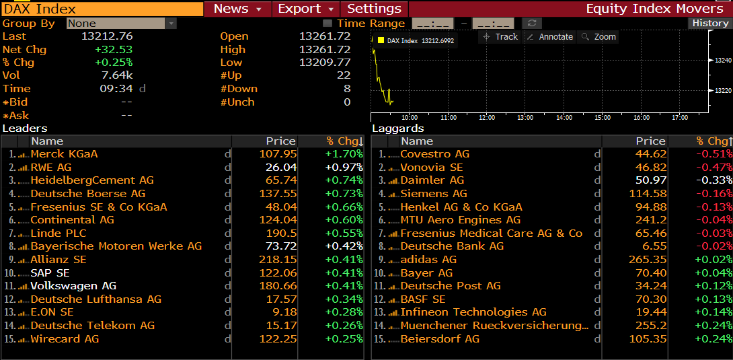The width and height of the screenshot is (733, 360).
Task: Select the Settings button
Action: pos(374,9)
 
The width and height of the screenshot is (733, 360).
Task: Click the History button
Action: pos(710,23)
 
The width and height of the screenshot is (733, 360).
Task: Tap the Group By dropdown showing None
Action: pos(120,24)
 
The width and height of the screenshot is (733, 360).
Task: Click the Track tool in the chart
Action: pos(500,37)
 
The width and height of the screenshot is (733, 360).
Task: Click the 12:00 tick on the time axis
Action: pos(486,117)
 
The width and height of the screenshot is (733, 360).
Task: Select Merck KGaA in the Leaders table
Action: pos(64,154)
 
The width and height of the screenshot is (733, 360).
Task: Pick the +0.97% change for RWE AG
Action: pos(344,167)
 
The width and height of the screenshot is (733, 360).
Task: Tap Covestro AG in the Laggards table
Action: pos(434,154)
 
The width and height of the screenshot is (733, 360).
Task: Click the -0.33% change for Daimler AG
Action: pos(713,180)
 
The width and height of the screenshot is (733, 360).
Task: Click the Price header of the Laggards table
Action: pos(650,141)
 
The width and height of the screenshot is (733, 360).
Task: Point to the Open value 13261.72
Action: pos(325,36)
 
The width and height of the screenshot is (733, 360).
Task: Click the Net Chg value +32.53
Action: pos(114,50)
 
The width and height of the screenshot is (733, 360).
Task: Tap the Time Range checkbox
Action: pos(327,24)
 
